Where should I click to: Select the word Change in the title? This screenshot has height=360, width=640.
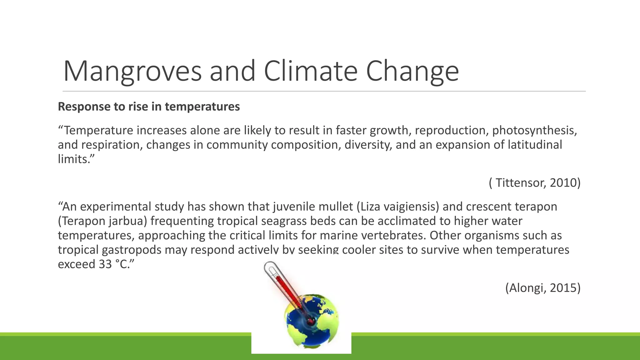[x=412, y=71]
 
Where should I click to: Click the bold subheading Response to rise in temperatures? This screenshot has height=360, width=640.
[x=149, y=107]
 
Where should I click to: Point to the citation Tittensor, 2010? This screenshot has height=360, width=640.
[x=535, y=182]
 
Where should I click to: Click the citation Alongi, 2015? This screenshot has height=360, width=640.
[x=543, y=287]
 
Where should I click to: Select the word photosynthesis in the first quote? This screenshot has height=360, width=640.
[x=534, y=130]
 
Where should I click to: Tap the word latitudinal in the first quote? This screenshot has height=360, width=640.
[x=535, y=145]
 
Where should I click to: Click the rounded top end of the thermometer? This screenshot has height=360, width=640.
[x=270, y=266]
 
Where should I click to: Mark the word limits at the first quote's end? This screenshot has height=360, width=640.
[x=74, y=159]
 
